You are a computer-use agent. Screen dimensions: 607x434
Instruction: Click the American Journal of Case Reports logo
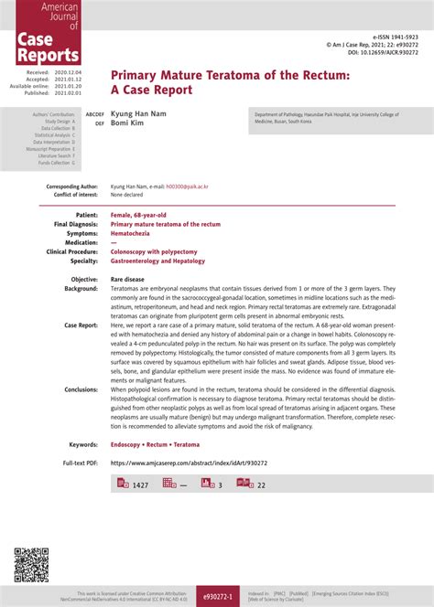click(47, 34)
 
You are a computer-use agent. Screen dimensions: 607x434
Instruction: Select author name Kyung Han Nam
click(140, 114)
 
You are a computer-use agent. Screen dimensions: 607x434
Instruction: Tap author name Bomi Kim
click(127, 122)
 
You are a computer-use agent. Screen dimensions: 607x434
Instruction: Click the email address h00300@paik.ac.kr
click(187, 186)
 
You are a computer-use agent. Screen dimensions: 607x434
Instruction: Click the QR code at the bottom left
click(31, 565)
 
